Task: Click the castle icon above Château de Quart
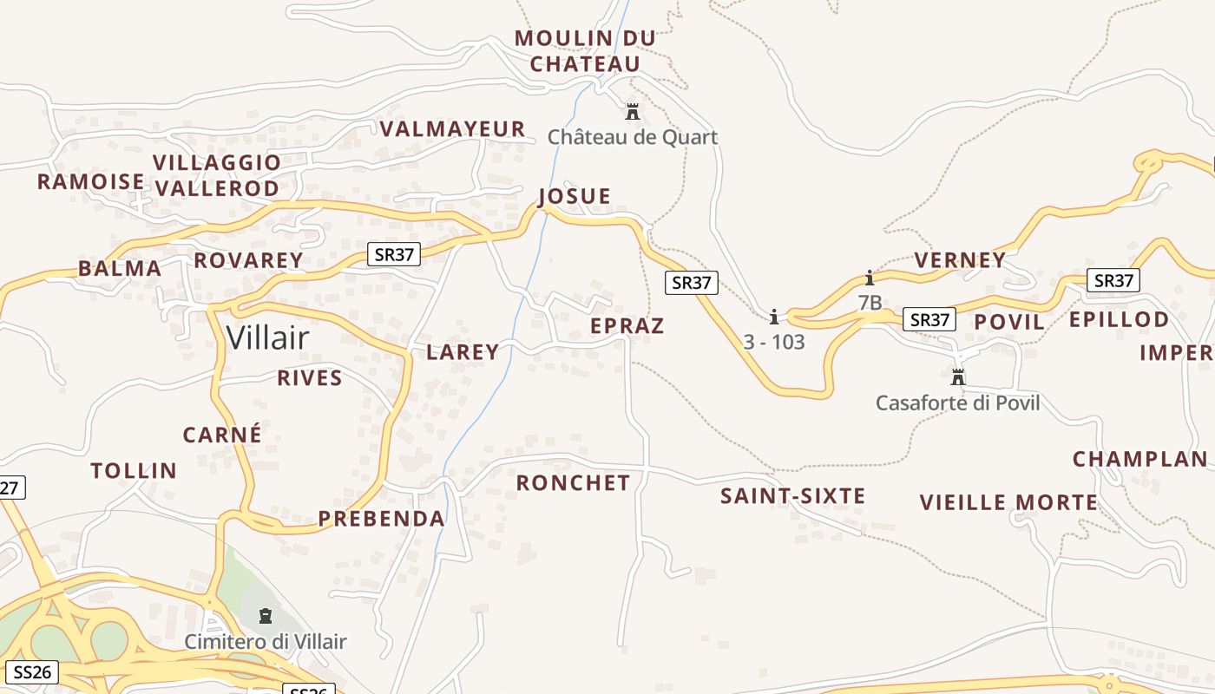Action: click(x=633, y=112)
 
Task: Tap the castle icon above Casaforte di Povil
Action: click(x=958, y=377)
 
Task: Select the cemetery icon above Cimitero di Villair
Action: click(x=266, y=616)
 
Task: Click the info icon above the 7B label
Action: click(x=870, y=278)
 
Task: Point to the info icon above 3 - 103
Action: click(x=774, y=317)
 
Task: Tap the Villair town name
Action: click(x=267, y=337)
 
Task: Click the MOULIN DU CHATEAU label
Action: click(x=585, y=51)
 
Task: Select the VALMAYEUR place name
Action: click(x=453, y=129)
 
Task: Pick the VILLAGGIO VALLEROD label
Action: click(x=217, y=175)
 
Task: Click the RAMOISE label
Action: click(x=91, y=181)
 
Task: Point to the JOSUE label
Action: click(x=575, y=196)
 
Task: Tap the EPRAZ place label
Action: click(x=627, y=326)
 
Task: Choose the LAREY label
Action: click(x=463, y=351)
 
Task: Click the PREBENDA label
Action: click(x=381, y=519)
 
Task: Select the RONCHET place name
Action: click(x=573, y=482)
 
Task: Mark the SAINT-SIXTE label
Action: click(x=792, y=496)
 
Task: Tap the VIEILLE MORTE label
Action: click(x=1008, y=502)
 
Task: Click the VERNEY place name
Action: click(x=960, y=260)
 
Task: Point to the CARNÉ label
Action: click(x=222, y=435)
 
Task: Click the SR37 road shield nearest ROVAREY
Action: click(x=394, y=254)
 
